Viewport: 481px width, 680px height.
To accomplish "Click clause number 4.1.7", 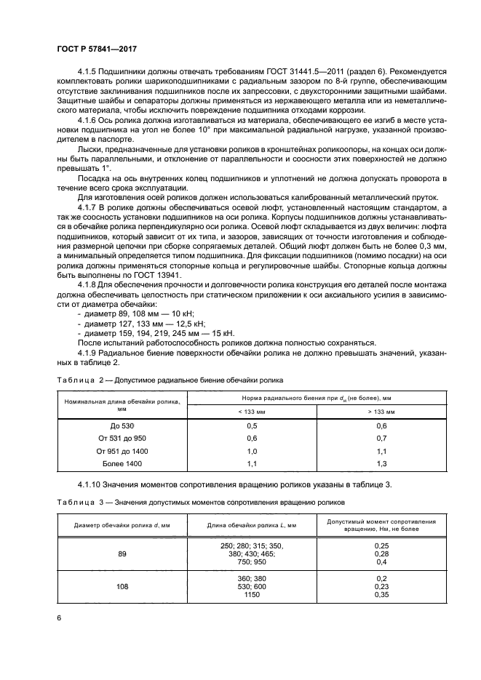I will tap(90, 208).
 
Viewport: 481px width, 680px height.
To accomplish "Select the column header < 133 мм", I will tap(252, 411).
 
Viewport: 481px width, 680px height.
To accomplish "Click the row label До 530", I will tap(122, 425).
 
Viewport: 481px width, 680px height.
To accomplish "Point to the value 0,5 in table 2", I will tap(252, 425).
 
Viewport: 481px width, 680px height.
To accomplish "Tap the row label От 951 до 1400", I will tap(122, 451).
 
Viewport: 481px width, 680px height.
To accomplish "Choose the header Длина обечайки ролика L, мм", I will tap(252, 524).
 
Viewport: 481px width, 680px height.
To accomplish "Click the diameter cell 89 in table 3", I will tap(122, 554).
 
